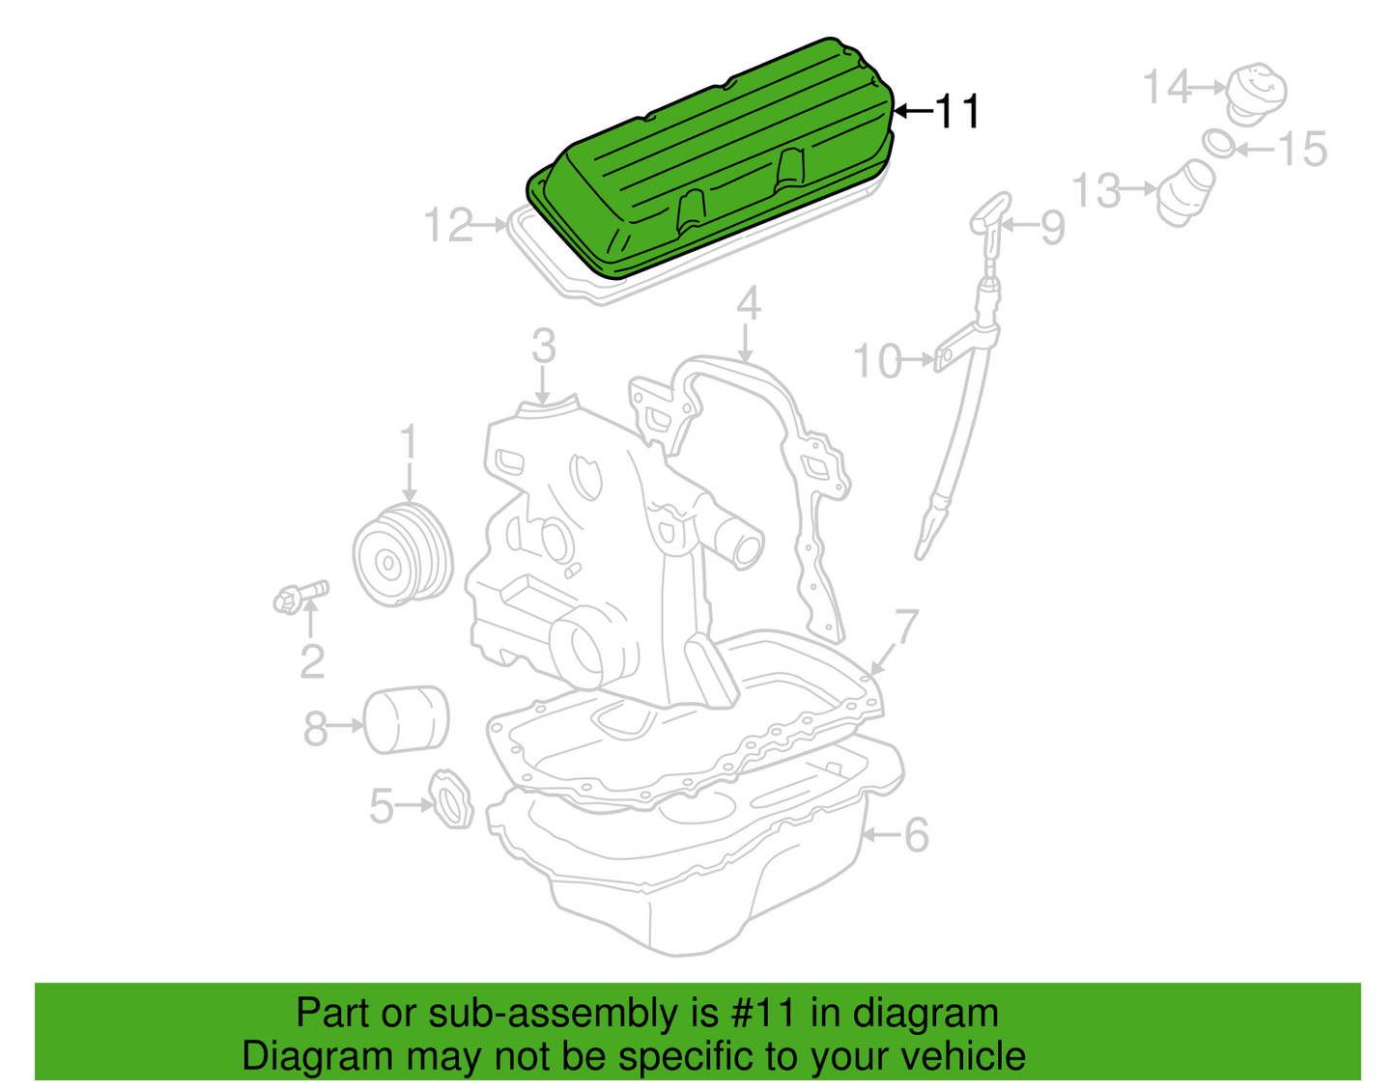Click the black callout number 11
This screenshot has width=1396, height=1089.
(x=957, y=112)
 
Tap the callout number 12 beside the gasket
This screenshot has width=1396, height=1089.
(x=447, y=225)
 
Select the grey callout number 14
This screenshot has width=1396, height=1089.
(x=1167, y=87)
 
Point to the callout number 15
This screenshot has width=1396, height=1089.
(x=1303, y=149)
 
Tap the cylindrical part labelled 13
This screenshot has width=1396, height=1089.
(x=1186, y=192)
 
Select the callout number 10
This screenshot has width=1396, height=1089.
(x=877, y=361)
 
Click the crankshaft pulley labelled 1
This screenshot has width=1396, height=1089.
(x=403, y=555)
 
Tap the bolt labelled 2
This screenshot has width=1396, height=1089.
(x=300, y=597)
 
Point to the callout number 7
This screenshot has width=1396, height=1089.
(x=906, y=627)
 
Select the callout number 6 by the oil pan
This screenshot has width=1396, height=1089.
(x=917, y=835)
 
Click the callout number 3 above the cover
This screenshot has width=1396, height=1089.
(x=544, y=347)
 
